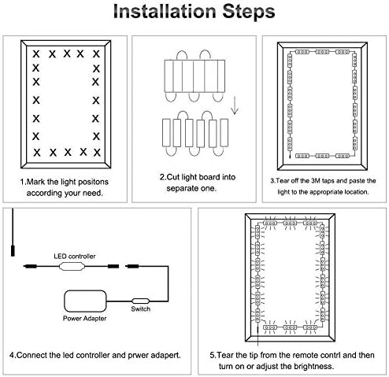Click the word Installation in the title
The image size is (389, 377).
click(165, 12)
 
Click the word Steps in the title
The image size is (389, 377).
click(249, 12)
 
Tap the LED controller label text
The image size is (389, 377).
click(75, 256)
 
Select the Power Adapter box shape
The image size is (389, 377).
click(85, 301)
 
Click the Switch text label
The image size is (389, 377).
click(141, 309)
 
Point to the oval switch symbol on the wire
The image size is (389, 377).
click(140, 301)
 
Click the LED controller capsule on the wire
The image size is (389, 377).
click(72, 267)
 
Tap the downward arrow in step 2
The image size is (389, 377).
click(235, 105)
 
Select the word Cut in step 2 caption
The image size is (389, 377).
click(173, 177)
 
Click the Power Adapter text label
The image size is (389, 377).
click(84, 319)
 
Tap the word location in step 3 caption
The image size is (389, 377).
click(357, 192)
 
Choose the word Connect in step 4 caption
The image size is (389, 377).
click(31, 356)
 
